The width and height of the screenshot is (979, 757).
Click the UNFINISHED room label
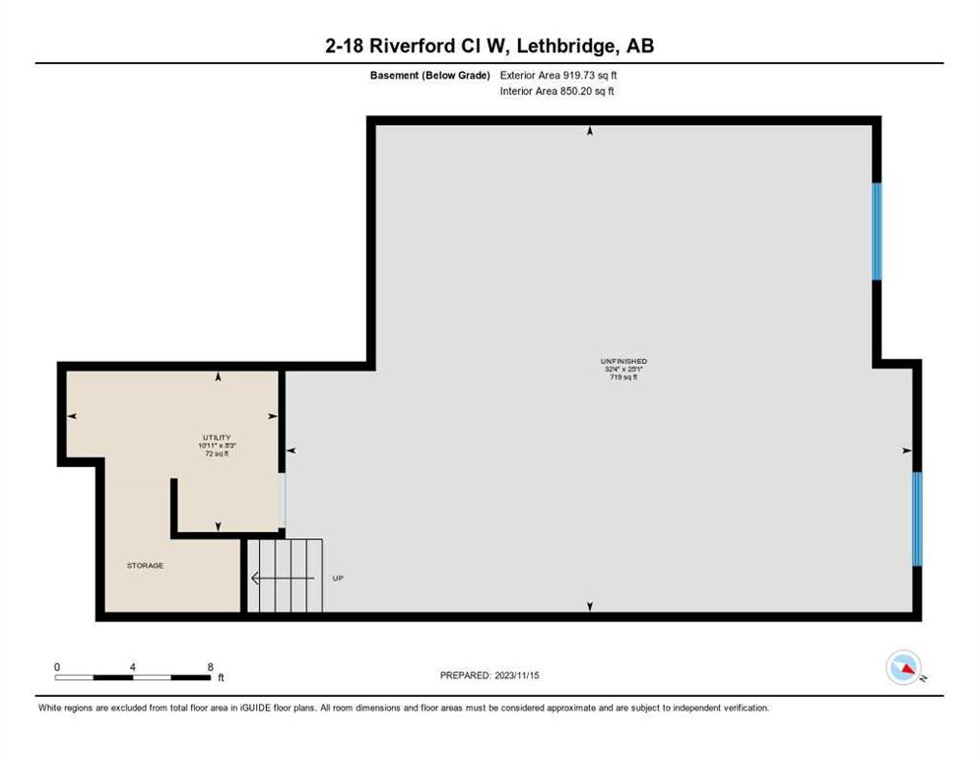pos(623,362)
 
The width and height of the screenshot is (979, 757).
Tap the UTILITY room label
pos(217,438)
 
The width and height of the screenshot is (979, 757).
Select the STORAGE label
pos(146,565)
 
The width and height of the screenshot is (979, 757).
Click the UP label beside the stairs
pos(338,579)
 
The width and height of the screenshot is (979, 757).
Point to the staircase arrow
pos(283,579)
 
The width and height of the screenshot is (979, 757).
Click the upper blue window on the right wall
pos(877,232)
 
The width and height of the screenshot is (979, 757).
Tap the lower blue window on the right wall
pos(917,518)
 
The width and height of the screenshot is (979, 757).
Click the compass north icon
pos(904,667)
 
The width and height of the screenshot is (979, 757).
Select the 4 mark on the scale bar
pos(132,667)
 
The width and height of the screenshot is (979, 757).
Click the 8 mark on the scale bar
pos(211,667)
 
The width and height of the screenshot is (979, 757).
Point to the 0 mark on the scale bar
pos(57,667)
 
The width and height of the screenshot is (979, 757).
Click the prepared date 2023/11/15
pos(517,676)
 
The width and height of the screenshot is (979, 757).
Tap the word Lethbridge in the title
pos(565,45)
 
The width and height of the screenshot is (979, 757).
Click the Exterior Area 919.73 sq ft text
pos(558,75)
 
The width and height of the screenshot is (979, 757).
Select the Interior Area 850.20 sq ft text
pos(556,92)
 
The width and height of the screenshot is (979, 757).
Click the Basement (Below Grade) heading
pos(429,75)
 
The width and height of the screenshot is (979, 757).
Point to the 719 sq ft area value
pos(623,377)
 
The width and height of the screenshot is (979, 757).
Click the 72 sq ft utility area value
pos(217,453)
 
